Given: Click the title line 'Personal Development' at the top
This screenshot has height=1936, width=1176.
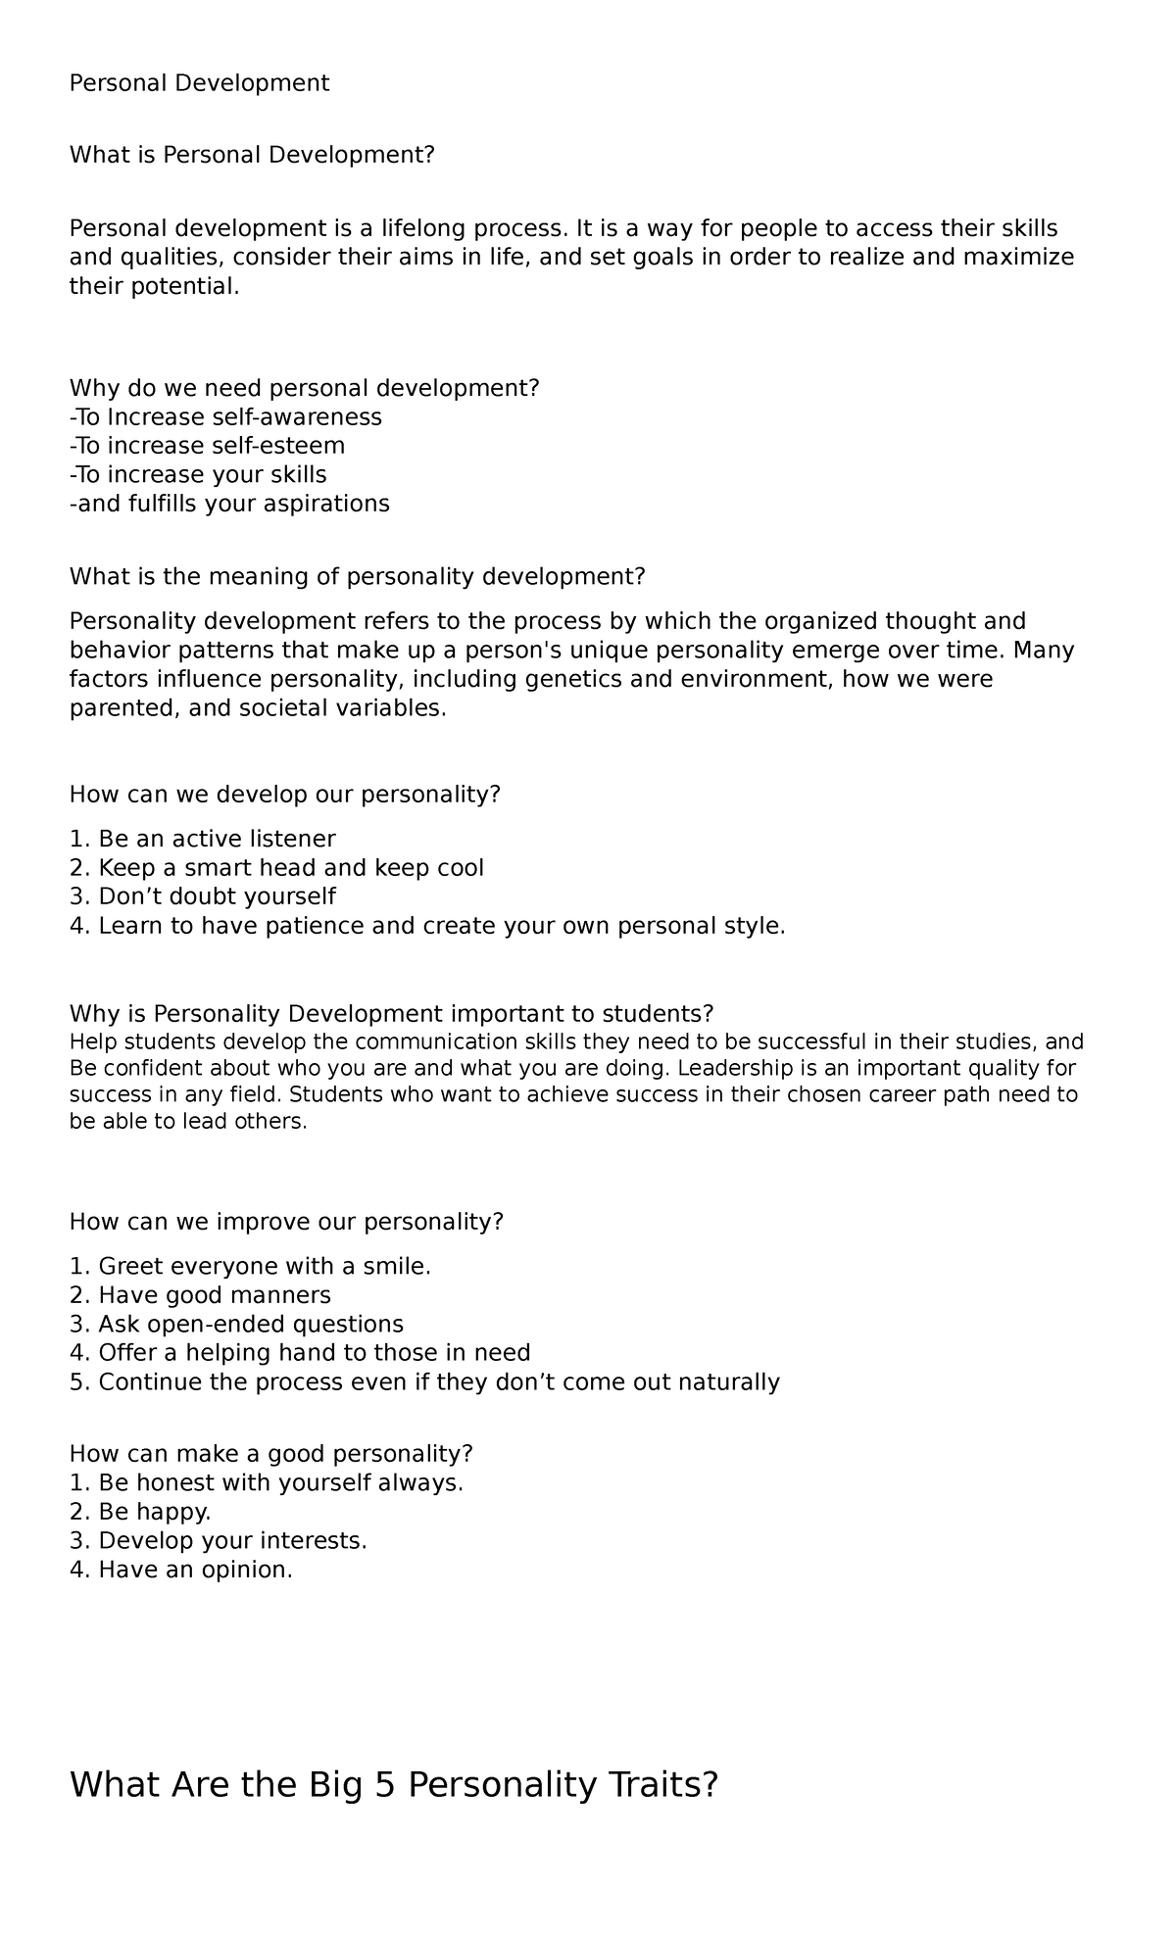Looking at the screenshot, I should point(199,83).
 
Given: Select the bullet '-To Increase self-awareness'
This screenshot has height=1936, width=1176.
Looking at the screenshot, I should point(225,417).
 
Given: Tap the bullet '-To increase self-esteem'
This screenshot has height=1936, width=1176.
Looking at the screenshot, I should point(207,446).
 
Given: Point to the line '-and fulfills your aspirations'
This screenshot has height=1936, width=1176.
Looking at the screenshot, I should point(229,504).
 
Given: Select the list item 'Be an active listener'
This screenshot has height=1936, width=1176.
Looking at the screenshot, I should point(217,839).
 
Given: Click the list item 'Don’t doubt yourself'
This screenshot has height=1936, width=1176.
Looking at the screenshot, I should point(217,896).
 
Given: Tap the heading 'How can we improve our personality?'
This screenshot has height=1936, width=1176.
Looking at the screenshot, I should point(286,1222).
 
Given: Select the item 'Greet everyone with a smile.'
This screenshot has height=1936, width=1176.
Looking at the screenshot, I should point(265,1267).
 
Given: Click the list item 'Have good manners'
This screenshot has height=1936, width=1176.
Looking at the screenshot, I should point(215,1295).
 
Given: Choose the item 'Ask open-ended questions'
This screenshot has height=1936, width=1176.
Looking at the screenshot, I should point(251,1325).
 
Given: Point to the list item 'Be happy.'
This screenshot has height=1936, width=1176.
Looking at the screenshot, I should point(155,1512).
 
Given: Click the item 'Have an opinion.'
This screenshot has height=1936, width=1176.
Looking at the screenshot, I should point(195,1570).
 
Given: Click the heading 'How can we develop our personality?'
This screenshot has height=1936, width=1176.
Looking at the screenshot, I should point(284,794).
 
